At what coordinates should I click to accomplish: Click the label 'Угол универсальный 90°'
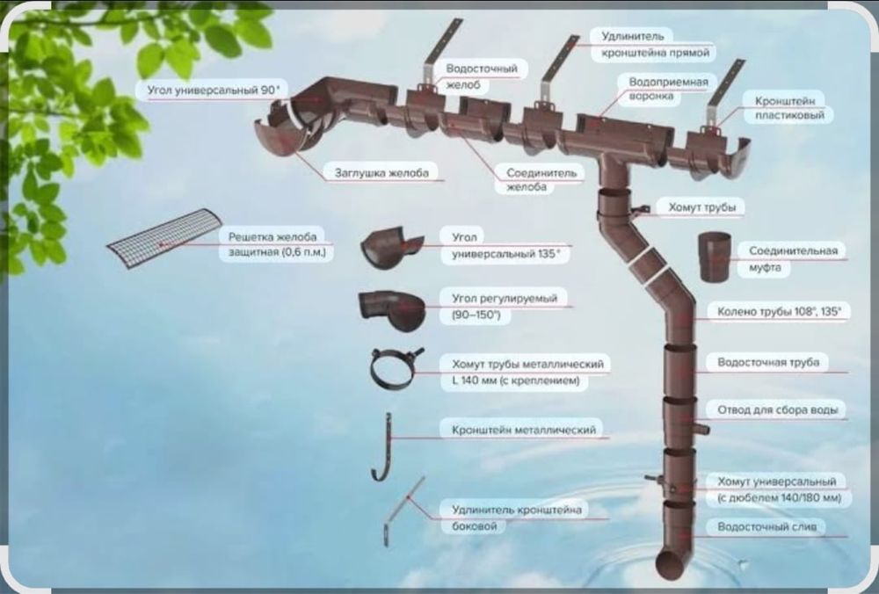[x=213, y=90]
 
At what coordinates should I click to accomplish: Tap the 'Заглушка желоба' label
[x=381, y=172]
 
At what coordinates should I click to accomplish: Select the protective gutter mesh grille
[x=165, y=237]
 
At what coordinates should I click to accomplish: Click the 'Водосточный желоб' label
[x=482, y=76]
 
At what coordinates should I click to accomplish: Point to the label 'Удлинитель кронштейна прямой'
[x=656, y=44]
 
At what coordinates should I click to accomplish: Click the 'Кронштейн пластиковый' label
[x=789, y=107]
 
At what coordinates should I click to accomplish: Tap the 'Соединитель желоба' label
[x=541, y=180]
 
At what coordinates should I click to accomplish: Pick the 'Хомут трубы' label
[x=701, y=207]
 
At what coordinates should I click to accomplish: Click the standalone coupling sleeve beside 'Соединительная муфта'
[x=714, y=257]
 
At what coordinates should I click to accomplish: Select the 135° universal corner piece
[x=391, y=247]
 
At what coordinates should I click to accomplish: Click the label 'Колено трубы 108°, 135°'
[x=779, y=312]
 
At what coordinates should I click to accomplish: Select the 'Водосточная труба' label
[x=768, y=363]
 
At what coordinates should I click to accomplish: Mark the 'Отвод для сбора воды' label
[x=778, y=410]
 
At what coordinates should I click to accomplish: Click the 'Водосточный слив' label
[x=766, y=526]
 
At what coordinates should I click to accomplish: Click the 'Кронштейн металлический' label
[x=524, y=430]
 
